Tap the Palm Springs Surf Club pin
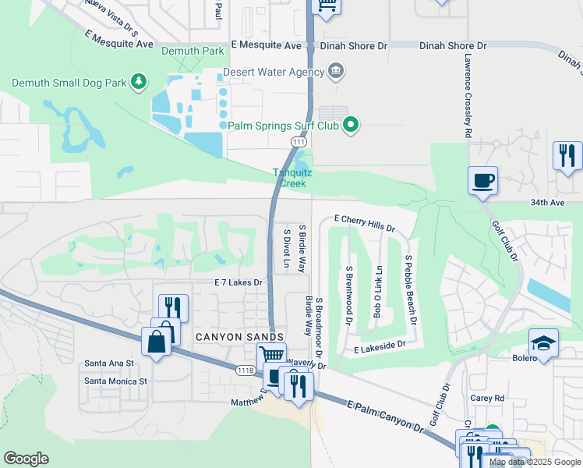click(351, 125)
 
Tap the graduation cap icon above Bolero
click(543, 343)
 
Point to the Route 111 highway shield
click(299, 141)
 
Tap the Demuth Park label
click(192, 51)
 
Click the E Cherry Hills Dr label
click(365, 222)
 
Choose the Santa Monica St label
click(115, 381)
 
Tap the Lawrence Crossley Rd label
click(467, 96)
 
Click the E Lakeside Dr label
click(380, 343)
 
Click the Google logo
click(26, 459)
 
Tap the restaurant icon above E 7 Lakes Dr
click(173, 307)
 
